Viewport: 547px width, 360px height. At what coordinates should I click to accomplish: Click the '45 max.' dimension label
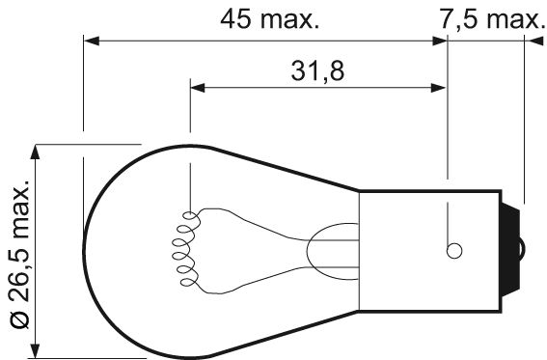pyautogui.click(x=269, y=18)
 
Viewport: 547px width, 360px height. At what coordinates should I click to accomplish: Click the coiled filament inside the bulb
pyautogui.click(x=183, y=248)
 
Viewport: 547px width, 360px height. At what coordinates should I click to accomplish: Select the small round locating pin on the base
pyautogui.click(x=452, y=250)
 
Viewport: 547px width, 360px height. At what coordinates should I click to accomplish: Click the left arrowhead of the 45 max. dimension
pyautogui.click(x=91, y=41)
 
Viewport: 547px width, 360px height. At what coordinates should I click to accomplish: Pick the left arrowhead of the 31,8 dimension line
pyautogui.click(x=197, y=88)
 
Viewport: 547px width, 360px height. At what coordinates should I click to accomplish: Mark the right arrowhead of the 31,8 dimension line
pyautogui.click(x=441, y=88)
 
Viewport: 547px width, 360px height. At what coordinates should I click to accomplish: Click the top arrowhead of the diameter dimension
pyautogui.click(x=37, y=152)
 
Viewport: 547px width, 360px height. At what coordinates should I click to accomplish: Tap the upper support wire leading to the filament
pyautogui.click(x=251, y=216)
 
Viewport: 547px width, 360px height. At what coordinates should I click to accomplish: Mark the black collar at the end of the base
pyautogui.click(x=513, y=249)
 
